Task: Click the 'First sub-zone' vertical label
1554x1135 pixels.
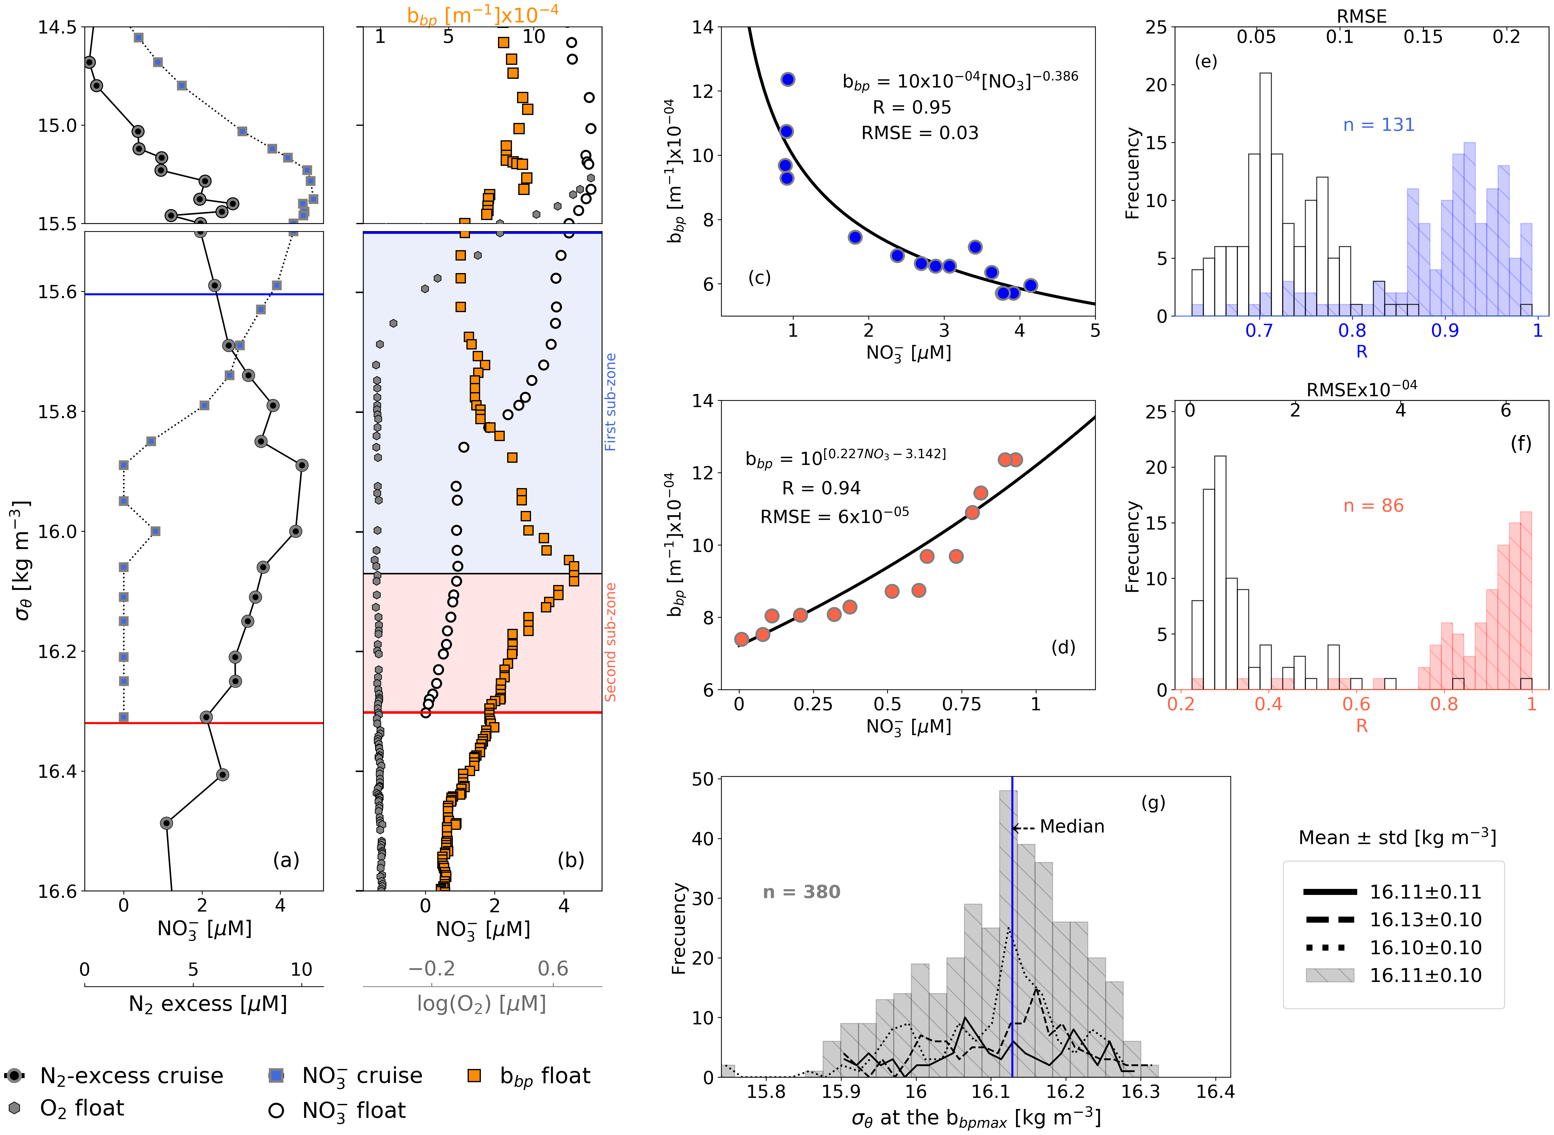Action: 610,402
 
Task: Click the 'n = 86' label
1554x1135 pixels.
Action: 1373,506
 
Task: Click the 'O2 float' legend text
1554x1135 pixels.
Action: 82,1108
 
